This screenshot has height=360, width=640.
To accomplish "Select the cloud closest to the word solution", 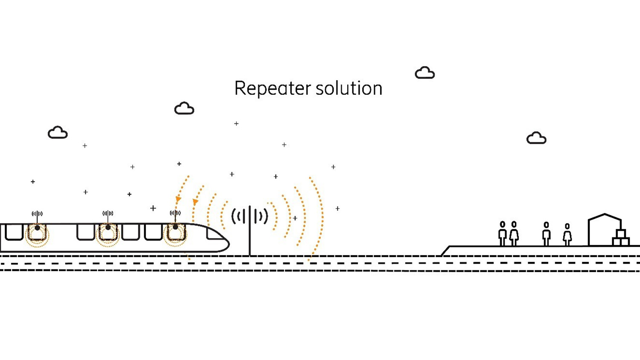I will click(x=425, y=73).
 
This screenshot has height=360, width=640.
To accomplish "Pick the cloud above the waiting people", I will click(x=536, y=138).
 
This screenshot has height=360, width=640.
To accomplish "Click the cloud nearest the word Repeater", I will click(x=184, y=108).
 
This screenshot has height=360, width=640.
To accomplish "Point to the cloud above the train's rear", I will click(x=58, y=133).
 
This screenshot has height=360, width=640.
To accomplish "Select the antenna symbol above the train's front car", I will click(x=175, y=213).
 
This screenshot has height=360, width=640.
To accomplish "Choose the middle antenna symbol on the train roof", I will click(x=108, y=213).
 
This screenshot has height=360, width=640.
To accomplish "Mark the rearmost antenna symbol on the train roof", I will click(x=37, y=214).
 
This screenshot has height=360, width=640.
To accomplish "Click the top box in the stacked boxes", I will click(x=621, y=233).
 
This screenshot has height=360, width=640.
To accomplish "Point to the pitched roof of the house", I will click(x=605, y=217).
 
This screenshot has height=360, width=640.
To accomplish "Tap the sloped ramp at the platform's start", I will click(x=445, y=251).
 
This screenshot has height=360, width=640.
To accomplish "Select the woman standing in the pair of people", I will click(x=514, y=233).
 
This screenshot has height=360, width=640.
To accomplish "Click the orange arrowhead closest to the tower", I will click(x=195, y=202).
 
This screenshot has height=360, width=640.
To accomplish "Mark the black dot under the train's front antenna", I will click(x=175, y=227).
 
